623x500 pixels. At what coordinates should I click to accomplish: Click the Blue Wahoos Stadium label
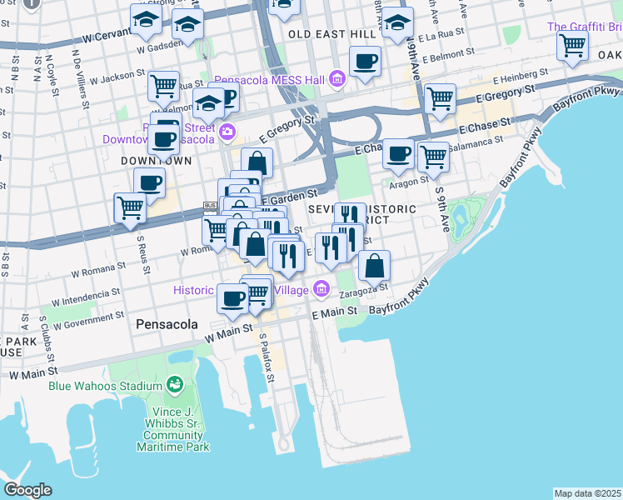click(x=104, y=386)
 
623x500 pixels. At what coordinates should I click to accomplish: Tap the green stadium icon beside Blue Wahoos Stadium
click(x=174, y=385)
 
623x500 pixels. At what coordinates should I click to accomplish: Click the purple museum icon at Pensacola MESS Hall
click(x=337, y=80)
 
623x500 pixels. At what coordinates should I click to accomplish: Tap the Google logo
click(x=27, y=490)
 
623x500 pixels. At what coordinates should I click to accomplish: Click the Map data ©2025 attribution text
click(x=587, y=493)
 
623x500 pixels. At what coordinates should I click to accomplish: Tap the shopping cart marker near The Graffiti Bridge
click(x=573, y=46)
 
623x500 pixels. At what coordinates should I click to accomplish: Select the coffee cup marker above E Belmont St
click(x=365, y=61)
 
